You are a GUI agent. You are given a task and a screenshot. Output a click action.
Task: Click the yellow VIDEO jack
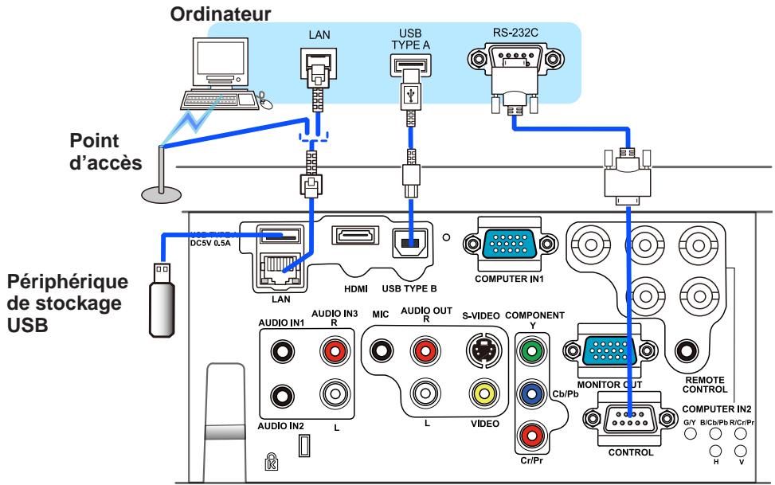click(482, 393)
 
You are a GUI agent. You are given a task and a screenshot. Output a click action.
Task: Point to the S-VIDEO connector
click(482, 350)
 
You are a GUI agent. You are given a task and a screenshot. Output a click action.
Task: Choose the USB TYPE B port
click(411, 242)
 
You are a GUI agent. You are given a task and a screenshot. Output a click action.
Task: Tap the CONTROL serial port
click(629, 416)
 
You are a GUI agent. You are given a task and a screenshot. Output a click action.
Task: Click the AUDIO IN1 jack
click(280, 350)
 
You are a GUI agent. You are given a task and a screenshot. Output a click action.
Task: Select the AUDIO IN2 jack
click(280, 393)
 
